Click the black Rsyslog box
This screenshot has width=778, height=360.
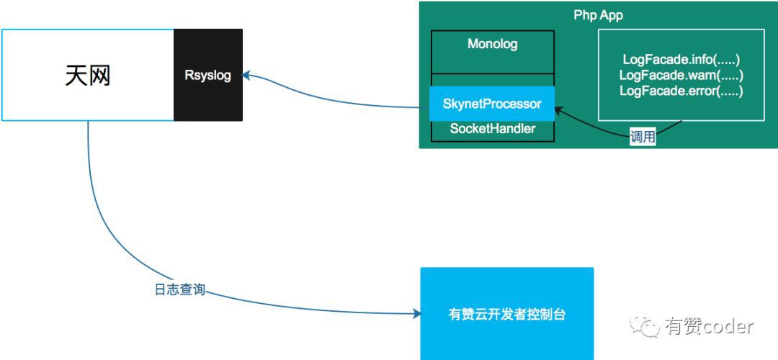point(207,75)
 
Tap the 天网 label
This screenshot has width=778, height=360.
point(87,75)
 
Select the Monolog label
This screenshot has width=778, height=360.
point(492,44)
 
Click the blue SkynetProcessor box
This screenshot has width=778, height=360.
point(492,104)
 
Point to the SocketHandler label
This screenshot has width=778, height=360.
point(492,129)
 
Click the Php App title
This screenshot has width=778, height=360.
point(598,15)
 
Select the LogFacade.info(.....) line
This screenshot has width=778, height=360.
point(681,60)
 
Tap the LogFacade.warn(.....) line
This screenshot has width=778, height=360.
point(681,75)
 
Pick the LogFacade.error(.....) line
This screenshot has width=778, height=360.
point(681,91)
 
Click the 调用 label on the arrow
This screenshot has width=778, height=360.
point(642,138)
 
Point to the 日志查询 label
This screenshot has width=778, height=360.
point(179,289)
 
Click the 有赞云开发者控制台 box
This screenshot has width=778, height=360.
point(506,314)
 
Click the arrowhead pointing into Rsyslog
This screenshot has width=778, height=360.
point(247,74)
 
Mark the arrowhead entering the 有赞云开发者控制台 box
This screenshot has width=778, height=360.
point(416,314)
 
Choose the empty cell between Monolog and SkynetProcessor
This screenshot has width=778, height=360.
point(492,79)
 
